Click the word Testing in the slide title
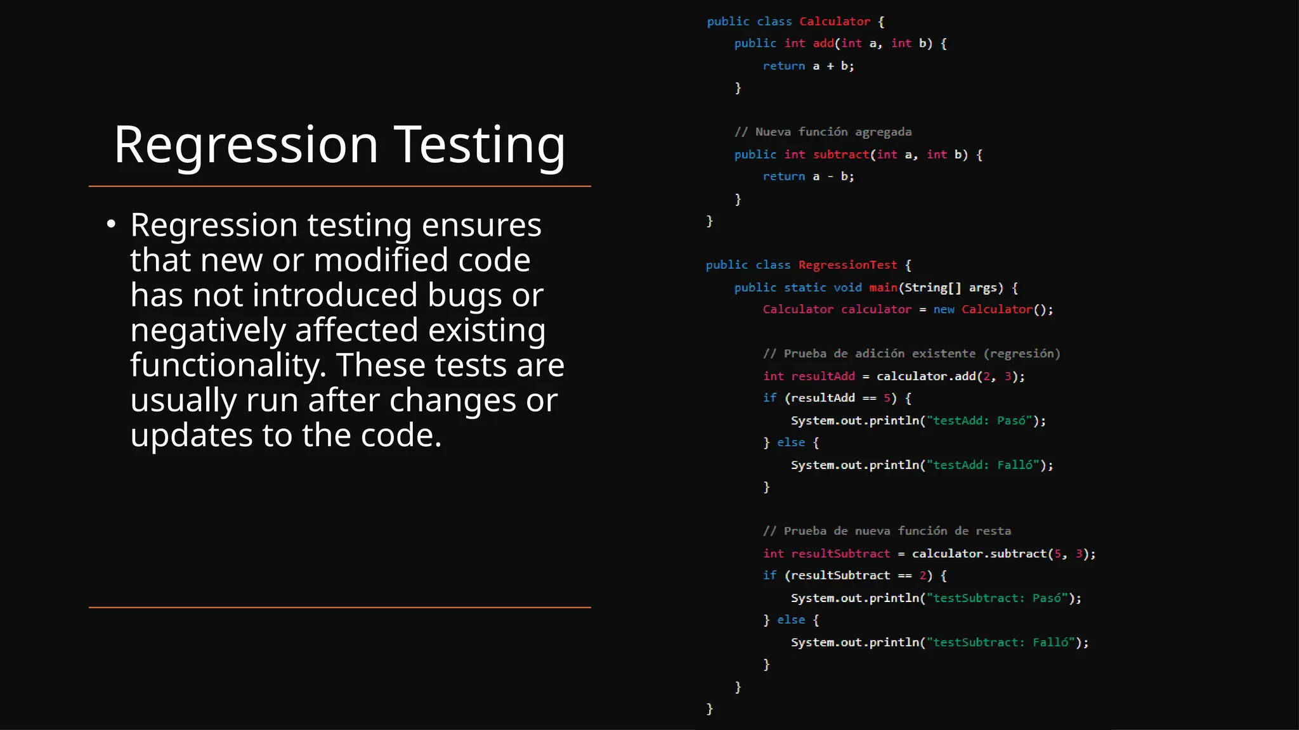[x=480, y=145]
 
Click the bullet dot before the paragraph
[x=112, y=224]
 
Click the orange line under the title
[x=340, y=186]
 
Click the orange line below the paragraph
[x=340, y=607]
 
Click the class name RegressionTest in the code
[x=847, y=265]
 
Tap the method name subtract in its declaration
[x=841, y=154]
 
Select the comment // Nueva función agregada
[x=823, y=132]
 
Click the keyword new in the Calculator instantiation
[x=944, y=309]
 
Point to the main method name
[x=883, y=287]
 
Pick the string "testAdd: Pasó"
[x=979, y=420]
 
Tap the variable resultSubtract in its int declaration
[x=840, y=553]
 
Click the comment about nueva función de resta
[x=887, y=531]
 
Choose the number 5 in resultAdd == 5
[x=887, y=398]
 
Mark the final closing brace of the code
[x=710, y=708]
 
